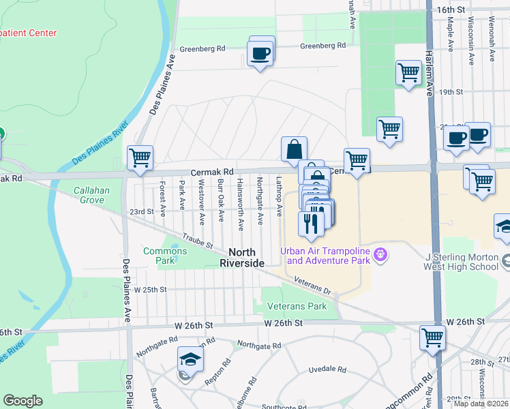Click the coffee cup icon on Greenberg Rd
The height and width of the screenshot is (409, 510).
[x=261, y=52]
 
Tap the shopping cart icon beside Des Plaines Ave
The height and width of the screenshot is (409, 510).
[x=140, y=158]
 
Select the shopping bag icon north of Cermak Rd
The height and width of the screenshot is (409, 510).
[x=295, y=149]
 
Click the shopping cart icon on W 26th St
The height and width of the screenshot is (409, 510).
[x=432, y=337]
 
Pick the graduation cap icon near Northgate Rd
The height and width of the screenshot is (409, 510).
[x=190, y=359]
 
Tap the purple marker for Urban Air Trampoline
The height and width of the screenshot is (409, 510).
[x=380, y=255]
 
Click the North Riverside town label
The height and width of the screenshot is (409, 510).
[x=237, y=257]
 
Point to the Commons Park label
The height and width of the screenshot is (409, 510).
[x=165, y=256]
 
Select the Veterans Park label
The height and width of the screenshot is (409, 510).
[x=297, y=306]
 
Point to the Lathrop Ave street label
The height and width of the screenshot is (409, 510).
[x=279, y=197]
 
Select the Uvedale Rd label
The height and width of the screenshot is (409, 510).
[x=328, y=369]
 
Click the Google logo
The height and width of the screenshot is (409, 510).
[x=22, y=401]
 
